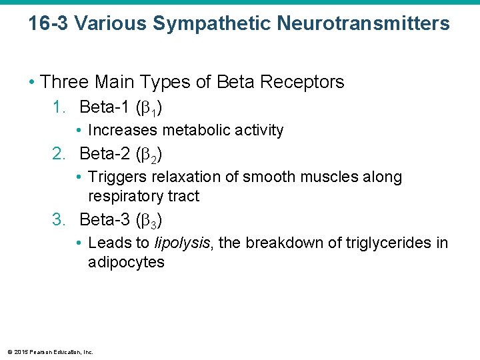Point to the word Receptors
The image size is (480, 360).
pos(304,82)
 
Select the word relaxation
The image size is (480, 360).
pos(181,177)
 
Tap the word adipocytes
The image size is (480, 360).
pos(126,262)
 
